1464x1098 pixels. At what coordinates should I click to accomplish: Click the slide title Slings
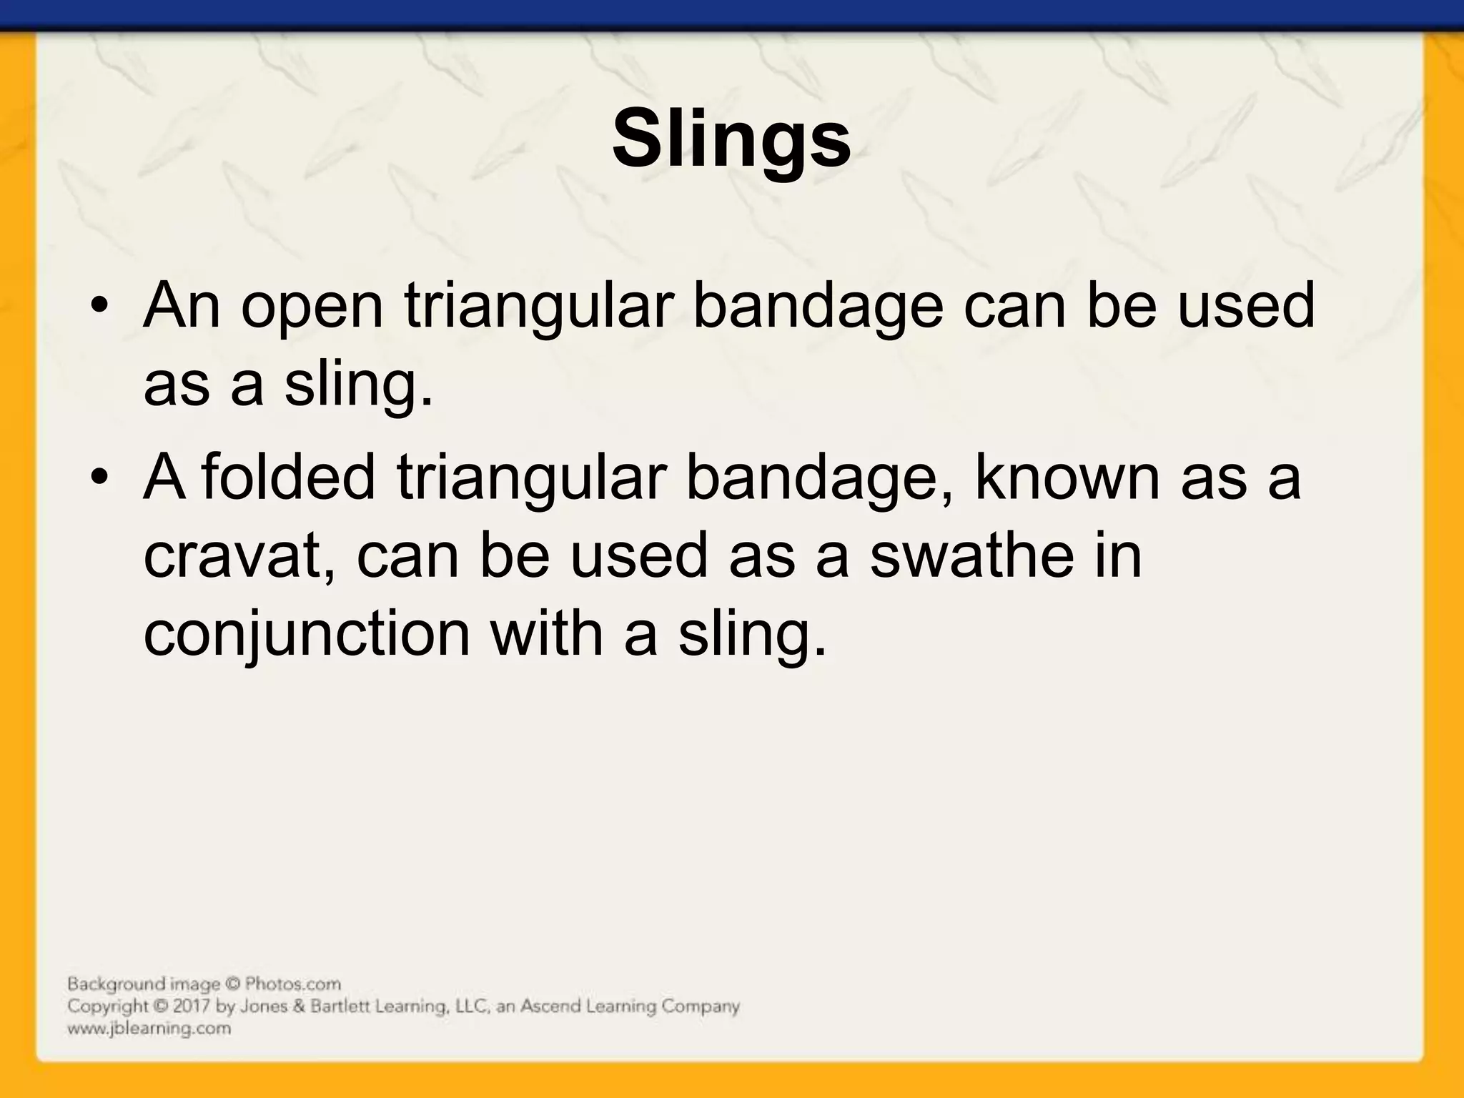(x=731, y=139)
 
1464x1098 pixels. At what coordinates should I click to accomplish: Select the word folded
(x=287, y=477)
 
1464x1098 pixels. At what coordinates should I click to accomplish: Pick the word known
(x=1067, y=477)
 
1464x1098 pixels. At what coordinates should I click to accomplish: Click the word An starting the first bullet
(x=182, y=305)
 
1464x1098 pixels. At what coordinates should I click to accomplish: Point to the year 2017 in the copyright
(x=192, y=1006)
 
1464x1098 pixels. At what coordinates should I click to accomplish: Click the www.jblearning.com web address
(x=149, y=1029)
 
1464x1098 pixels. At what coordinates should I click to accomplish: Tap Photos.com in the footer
(x=293, y=984)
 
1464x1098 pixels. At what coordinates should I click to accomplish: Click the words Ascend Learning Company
(x=629, y=1006)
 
